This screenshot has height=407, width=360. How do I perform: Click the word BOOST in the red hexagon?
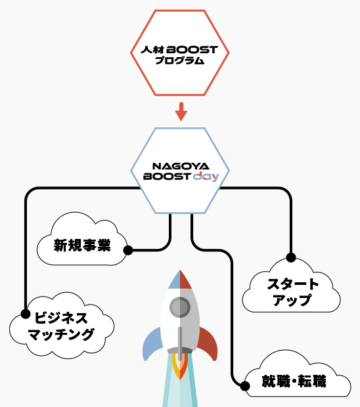(193, 49)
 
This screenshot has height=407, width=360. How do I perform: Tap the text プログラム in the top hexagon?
(180, 61)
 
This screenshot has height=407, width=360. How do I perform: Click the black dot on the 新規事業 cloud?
(128, 250)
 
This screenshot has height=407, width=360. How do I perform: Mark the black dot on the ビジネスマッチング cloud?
(26, 313)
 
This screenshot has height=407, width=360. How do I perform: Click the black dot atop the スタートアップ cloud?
(290, 257)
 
